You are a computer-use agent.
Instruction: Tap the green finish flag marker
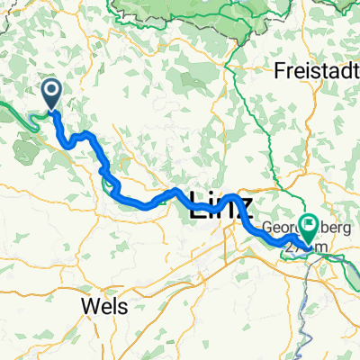[x=309, y=225]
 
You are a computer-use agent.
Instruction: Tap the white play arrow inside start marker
[x=51, y=88]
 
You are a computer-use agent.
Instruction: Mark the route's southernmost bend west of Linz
[x=144, y=205]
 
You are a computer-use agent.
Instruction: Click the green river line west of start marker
[x=18, y=112]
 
